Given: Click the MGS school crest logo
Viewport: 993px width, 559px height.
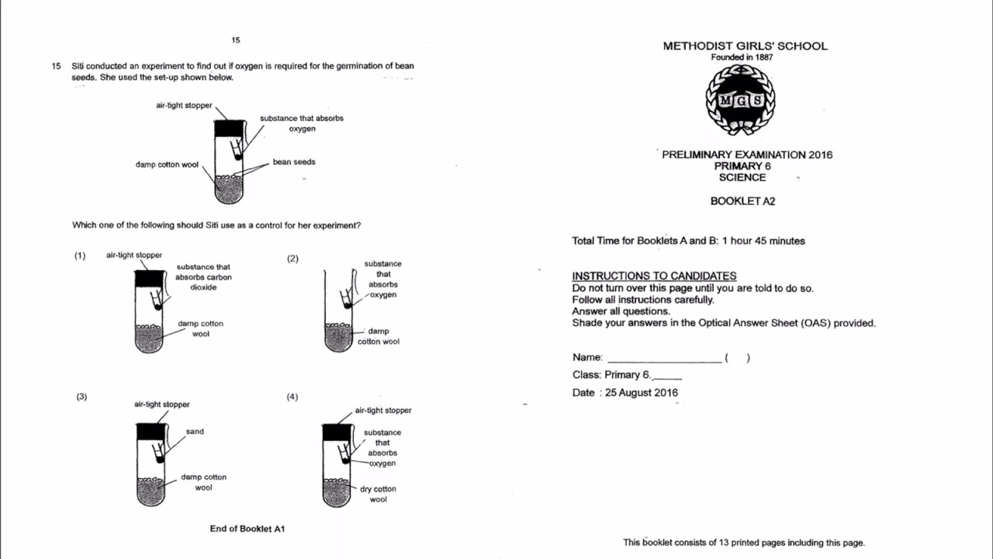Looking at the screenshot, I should (x=740, y=101).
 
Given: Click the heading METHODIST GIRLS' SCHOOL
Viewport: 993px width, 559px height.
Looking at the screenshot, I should (x=745, y=46).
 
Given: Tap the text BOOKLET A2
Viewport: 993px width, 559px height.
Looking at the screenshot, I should (x=742, y=201).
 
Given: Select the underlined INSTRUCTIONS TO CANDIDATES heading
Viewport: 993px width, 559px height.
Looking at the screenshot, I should (x=654, y=276).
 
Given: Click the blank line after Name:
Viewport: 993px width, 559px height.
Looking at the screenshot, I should (x=664, y=359).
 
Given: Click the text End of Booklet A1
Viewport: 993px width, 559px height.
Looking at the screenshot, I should (x=247, y=529).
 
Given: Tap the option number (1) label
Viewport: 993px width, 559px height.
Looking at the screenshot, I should (x=80, y=255).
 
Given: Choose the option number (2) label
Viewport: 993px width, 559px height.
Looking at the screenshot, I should (x=292, y=259).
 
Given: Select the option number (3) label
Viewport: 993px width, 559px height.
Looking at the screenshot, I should (x=81, y=397).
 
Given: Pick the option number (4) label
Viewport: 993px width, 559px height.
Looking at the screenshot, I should (x=292, y=397).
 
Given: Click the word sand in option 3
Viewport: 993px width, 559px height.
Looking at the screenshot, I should (x=195, y=432).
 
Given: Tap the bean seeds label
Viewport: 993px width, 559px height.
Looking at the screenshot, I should (x=294, y=162).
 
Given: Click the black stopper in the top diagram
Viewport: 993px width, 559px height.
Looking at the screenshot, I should (x=230, y=129).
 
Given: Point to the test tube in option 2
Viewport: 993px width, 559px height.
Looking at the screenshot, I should (x=338, y=311).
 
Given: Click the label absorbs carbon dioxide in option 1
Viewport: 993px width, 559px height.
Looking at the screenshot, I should (x=203, y=277).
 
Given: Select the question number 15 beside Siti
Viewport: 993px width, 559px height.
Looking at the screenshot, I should (x=56, y=66).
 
